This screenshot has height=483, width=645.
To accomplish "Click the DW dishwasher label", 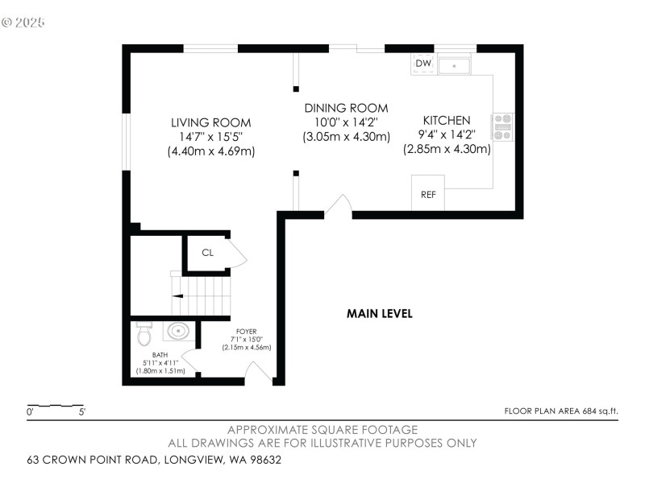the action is pyautogui.click(x=423, y=63).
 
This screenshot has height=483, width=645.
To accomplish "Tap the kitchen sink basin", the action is pyautogui.click(x=454, y=66).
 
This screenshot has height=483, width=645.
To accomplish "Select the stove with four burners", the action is pyautogui.click(x=502, y=127).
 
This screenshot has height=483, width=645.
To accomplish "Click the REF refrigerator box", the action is pyautogui.click(x=428, y=192).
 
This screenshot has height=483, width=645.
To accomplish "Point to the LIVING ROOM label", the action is pyautogui.click(x=211, y=122).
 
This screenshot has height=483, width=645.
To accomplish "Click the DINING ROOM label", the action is pyautogui.click(x=346, y=108).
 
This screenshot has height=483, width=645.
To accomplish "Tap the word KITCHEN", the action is pyautogui.click(x=447, y=120).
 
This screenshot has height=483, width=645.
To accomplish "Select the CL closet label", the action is pyautogui.click(x=208, y=253).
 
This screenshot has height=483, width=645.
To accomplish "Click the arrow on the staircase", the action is pyautogui.click(x=177, y=295).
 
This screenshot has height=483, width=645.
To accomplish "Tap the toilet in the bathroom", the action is pyautogui.click(x=144, y=333).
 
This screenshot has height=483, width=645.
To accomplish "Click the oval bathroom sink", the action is pyautogui.click(x=178, y=331).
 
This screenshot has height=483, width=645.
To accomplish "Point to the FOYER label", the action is pyautogui.click(x=247, y=331).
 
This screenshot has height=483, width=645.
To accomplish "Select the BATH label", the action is pyautogui.click(x=160, y=355).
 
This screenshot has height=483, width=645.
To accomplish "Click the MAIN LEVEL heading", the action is pyautogui.click(x=379, y=314).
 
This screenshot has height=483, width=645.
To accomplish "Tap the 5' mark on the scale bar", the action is pyautogui.click(x=82, y=411).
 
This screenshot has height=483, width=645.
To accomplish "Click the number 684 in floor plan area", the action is pyautogui.click(x=589, y=411).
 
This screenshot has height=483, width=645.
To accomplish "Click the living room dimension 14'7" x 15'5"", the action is pyautogui.click(x=211, y=137).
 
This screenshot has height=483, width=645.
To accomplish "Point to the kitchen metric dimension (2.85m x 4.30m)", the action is pyautogui.click(x=447, y=149).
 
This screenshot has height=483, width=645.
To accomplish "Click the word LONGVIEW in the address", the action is pyautogui.click(x=193, y=459).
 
